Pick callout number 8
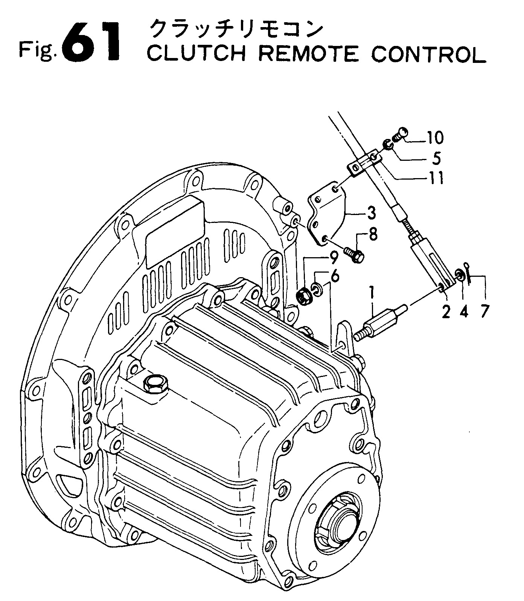tap(373, 236)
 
